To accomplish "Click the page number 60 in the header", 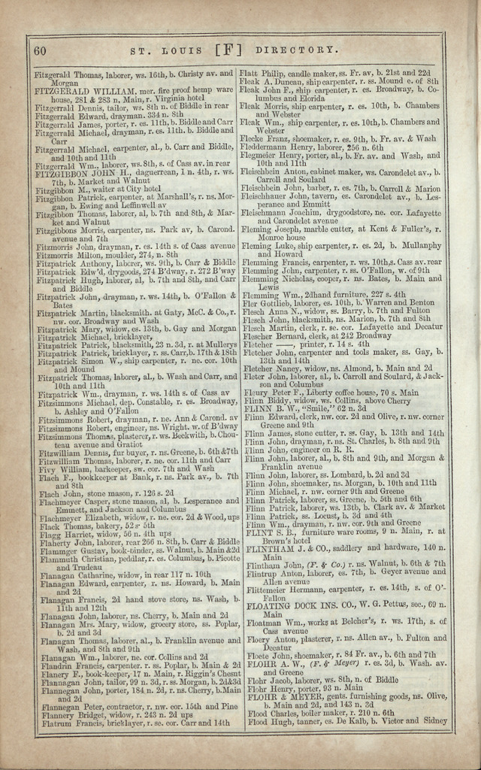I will click(x=41, y=50).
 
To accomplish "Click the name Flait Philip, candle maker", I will click(x=262, y=73).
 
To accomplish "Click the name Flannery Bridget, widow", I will click(x=63, y=714).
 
